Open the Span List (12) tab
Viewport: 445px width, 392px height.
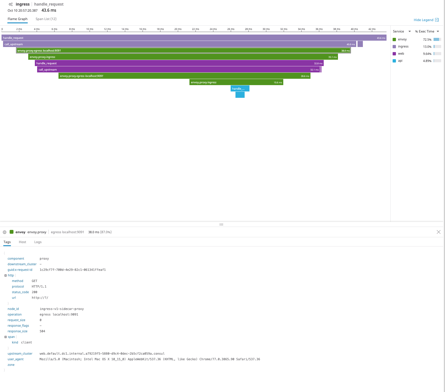46,19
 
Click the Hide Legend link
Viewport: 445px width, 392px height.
423,20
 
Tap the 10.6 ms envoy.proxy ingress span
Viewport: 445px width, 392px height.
236,82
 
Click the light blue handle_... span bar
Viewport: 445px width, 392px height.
240,89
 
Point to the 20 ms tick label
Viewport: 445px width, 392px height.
178,29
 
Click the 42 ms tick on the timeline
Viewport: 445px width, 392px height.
372,29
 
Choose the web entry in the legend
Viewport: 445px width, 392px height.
401,54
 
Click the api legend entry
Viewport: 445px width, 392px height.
400,61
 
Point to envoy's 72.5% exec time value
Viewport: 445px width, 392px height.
427,40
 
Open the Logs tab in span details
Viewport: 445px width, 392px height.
38,242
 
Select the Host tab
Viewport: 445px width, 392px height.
22,242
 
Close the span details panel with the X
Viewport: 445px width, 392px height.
438,232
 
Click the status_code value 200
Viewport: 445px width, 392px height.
35,292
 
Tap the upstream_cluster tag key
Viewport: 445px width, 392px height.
20,354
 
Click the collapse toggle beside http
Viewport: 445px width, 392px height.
6,275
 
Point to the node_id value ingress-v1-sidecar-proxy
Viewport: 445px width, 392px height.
62,309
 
